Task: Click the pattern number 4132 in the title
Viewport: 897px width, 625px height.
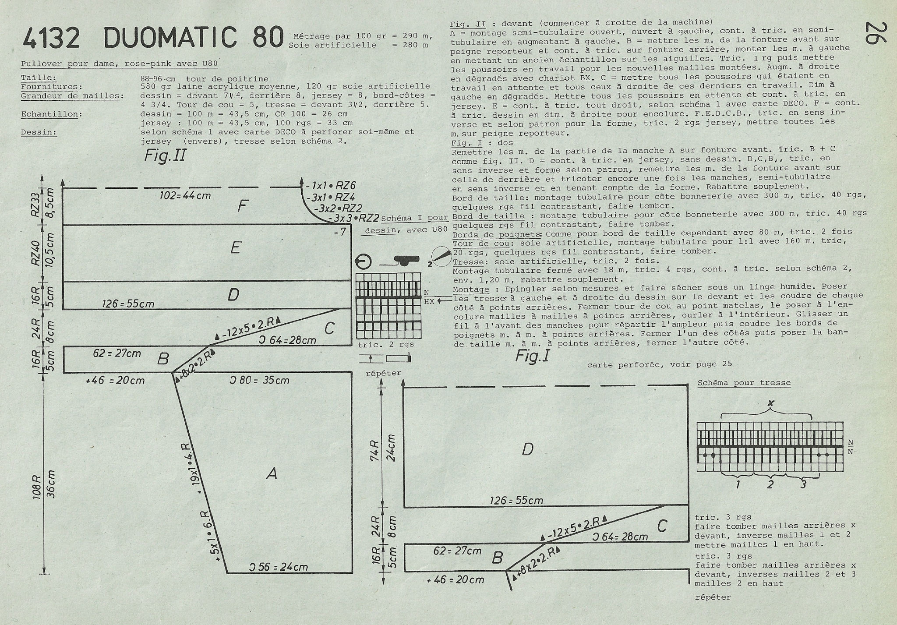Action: [52, 38]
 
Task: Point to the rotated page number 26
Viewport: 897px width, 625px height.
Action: [874, 33]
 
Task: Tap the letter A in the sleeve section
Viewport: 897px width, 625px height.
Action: [272, 473]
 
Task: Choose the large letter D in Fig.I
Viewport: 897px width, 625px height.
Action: [528, 449]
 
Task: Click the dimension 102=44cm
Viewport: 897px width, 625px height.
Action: [185, 195]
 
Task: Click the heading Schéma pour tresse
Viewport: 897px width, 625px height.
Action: [744, 383]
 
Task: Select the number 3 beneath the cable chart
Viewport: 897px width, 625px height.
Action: [803, 485]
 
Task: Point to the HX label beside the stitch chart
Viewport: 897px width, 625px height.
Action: [429, 301]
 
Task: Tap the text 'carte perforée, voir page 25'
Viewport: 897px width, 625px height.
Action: [660, 364]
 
